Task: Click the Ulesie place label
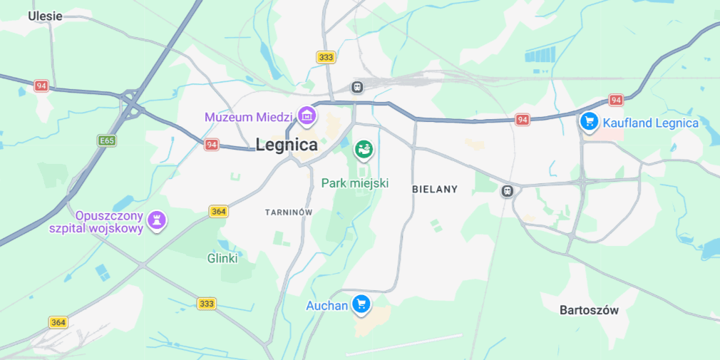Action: tap(45, 16)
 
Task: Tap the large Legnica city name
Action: tap(287, 144)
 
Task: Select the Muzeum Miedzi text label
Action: tap(249, 116)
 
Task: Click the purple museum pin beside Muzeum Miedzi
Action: tap(307, 114)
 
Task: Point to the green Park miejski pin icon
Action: tap(364, 150)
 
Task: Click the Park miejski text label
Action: tap(354, 183)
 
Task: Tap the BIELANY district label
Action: tap(435, 190)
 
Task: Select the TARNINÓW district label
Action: tap(289, 212)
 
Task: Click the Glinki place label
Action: tap(222, 258)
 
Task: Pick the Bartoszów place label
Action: tap(589, 310)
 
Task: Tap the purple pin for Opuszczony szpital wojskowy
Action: tap(157, 220)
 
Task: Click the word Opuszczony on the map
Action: tap(110, 215)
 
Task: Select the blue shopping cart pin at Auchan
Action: tap(361, 304)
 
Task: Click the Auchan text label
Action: tap(326, 306)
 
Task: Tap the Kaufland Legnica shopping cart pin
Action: tap(588, 121)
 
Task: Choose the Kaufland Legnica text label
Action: tap(651, 123)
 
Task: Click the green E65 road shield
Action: tap(107, 141)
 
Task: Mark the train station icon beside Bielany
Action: tap(507, 191)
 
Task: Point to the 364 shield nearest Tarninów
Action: tap(218, 212)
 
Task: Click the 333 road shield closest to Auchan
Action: tap(206, 304)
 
